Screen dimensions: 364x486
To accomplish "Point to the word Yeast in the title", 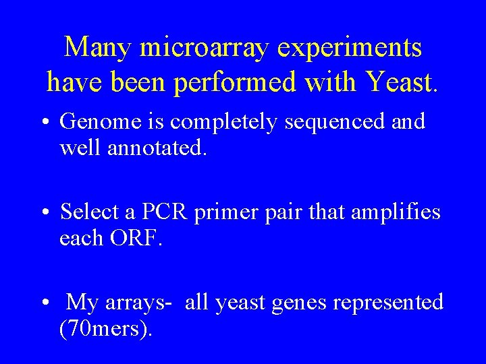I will [x=402, y=82].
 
